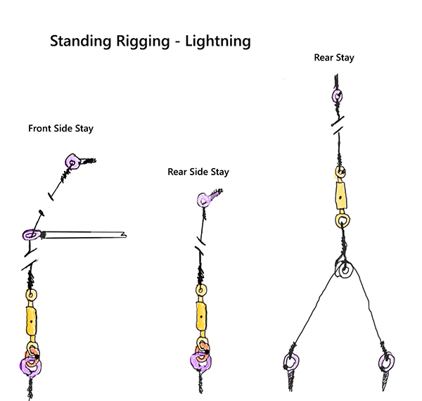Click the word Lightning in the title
pos(217,42)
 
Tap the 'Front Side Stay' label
pos(60,129)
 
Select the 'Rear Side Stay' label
pos(198,172)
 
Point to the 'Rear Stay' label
pos(333,58)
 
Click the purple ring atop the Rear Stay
pos(337,96)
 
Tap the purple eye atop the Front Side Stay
pos(71,163)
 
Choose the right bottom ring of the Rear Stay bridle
pos(385,363)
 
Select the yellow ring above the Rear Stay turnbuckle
pos(340,171)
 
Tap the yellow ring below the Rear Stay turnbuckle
pos(342,220)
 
